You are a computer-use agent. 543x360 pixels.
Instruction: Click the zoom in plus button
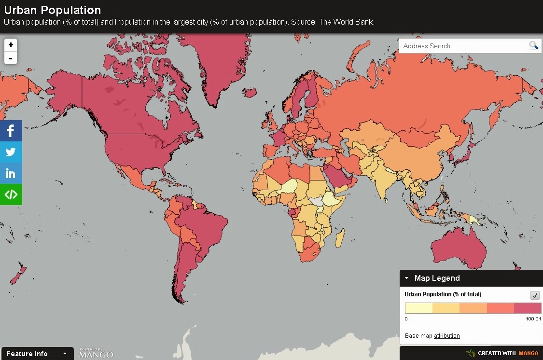point(11,45)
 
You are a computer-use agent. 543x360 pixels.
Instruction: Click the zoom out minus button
point(11,58)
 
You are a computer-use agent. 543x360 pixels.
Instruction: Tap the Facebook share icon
point(11,131)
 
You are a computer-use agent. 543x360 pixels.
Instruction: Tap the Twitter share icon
point(11,152)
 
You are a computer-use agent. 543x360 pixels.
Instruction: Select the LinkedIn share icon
point(11,173)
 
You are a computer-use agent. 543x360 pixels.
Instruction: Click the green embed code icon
point(11,194)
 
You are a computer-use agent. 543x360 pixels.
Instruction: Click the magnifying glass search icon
point(533,46)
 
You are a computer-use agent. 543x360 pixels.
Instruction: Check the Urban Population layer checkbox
point(535,295)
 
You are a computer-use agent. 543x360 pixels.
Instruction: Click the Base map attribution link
point(446,336)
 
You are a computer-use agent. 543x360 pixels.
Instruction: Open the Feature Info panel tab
point(37,354)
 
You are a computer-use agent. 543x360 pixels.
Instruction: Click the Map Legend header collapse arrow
point(407,278)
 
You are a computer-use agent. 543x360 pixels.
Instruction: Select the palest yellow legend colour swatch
point(418,308)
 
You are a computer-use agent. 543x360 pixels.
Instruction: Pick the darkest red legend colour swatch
point(528,308)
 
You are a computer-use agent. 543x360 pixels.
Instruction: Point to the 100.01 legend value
point(533,319)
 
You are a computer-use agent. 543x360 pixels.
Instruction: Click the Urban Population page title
point(53,10)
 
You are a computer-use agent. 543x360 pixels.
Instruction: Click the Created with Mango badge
point(502,353)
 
